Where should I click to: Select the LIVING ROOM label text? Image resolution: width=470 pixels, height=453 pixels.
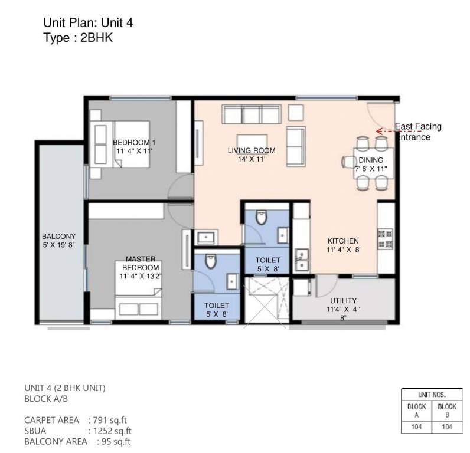coord(252,155)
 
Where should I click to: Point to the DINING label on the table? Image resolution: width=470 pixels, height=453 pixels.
coord(370,164)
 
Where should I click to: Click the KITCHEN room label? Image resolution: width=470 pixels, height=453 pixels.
coord(343,245)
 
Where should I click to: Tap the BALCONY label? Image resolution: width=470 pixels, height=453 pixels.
coord(58,241)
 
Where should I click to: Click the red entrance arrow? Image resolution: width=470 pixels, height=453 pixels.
coord(386,130)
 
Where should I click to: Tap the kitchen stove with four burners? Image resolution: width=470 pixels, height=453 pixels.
coord(385,238)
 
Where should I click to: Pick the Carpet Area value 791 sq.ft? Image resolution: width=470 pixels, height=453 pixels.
coord(107,420)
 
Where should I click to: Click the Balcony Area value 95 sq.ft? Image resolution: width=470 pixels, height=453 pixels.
coord(115,441)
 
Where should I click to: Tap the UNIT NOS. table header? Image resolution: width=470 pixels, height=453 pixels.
coord(431,394)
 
